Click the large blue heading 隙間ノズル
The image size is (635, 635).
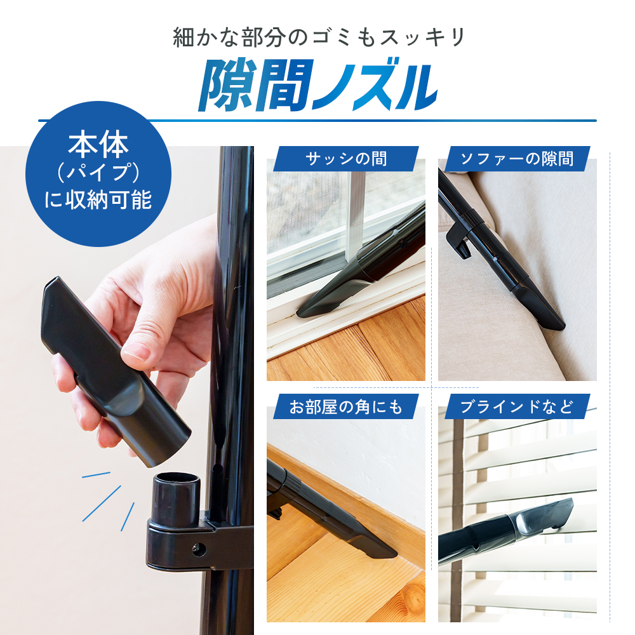(317, 86)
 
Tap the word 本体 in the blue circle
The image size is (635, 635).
(98, 145)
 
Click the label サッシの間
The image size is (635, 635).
(346, 159)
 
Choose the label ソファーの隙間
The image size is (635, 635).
(517, 159)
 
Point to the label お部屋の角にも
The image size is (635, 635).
(346, 406)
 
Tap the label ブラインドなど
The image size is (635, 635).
(517, 406)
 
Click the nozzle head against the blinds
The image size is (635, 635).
(546, 518)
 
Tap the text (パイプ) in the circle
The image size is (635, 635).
(98, 173)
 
